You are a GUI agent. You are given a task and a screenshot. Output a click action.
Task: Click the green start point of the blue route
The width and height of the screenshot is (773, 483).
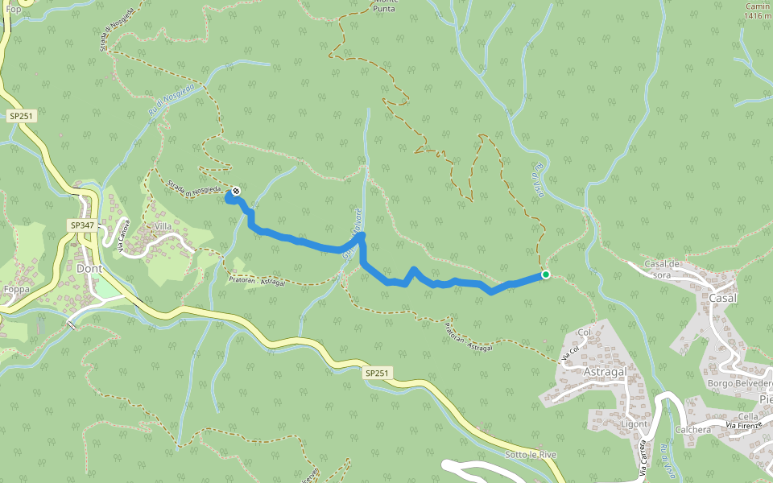pos(546,275)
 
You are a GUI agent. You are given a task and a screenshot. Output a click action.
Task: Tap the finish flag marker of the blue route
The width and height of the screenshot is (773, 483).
pos(235,192)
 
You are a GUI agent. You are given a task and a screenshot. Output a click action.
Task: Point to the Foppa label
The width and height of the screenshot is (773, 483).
pos(16,289)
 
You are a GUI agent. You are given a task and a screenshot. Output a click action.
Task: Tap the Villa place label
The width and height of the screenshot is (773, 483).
pos(163,227)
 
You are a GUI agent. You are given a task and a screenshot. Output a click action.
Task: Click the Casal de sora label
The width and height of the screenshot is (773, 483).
pos(663,269)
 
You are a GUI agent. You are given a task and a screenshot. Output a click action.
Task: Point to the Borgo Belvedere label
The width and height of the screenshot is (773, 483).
pos(740,383)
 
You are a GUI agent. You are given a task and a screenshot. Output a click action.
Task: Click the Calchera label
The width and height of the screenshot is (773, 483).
pos(693,430)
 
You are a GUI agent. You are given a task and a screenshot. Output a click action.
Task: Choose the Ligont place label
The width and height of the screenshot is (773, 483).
pos(635,423)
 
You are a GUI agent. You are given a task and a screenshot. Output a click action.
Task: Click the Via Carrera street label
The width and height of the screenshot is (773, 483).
pos(643,460)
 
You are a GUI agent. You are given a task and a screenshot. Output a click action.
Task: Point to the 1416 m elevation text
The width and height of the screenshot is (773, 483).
pos(758,15)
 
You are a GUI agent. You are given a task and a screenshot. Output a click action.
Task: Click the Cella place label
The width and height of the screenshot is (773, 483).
pos(748,416)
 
